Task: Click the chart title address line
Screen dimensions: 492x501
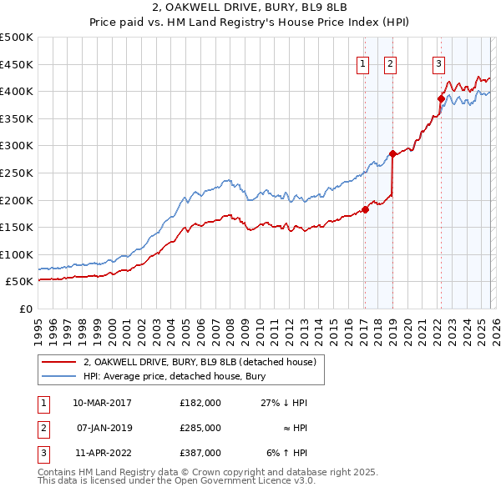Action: (250, 8)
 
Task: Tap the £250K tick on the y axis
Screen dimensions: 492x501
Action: (17, 173)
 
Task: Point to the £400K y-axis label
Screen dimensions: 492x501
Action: (17, 91)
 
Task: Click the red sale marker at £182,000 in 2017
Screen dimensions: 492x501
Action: (365, 210)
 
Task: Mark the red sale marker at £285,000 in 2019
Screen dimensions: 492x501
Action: (392, 153)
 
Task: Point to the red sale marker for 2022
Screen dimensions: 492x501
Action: (440, 98)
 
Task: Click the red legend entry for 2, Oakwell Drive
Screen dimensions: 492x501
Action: (199, 362)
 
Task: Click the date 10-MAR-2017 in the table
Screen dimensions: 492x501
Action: (102, 403)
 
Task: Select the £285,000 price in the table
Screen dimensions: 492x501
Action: (200, 428)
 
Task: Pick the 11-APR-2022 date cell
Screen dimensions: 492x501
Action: (102, 453)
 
